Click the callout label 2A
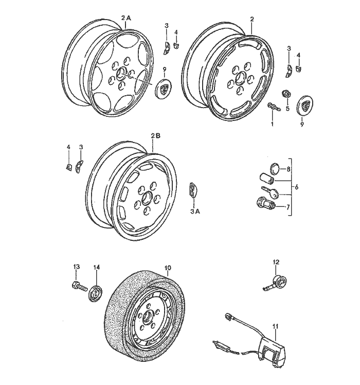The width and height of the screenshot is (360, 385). pos(126,17)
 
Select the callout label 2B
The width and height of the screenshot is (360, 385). pos(156,136)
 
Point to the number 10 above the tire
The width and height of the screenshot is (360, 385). pos(167,268)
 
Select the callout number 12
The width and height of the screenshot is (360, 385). pos(276,262)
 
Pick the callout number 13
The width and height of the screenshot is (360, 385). pos(77,267)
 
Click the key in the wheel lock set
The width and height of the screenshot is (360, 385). pos(271,194)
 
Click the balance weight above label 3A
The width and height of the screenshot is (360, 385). pos(192,189)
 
